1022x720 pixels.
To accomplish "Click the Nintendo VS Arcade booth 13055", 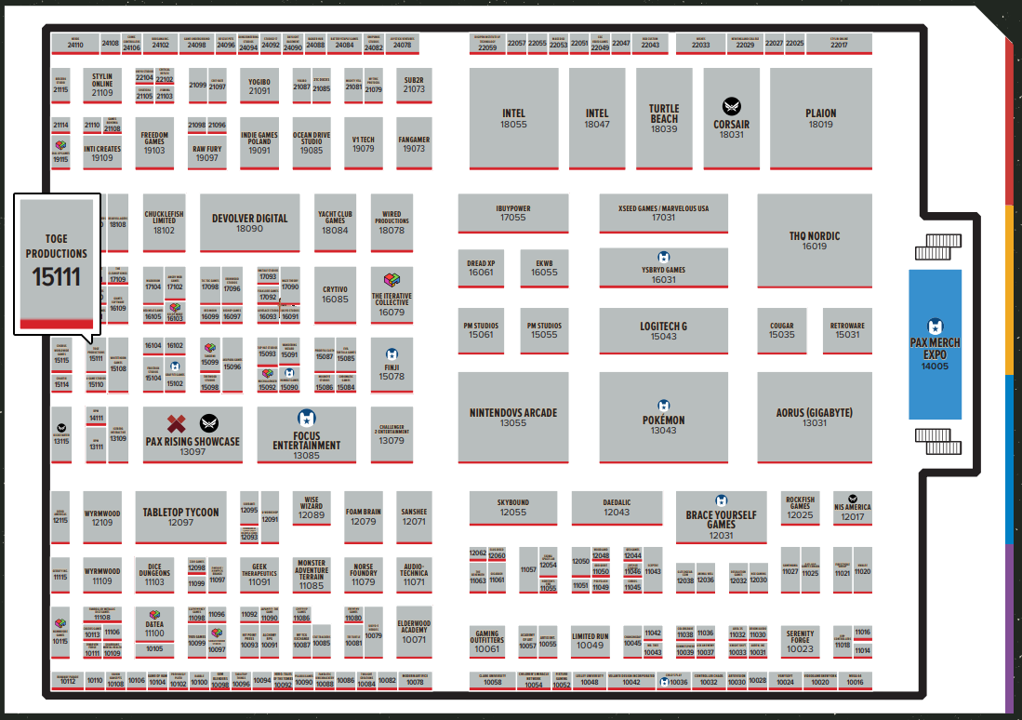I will tap(512, 417).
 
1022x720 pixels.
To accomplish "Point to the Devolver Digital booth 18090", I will tap(249, 222).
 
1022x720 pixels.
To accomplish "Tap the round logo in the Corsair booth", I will tap(732, 106).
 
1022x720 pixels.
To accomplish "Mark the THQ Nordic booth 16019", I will tap(814, 240).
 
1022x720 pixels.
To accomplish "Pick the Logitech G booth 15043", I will tap(663, 330).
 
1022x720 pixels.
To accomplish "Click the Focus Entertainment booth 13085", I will tap(306, 435).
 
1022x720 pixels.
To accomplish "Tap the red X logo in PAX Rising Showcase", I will tap(177, 424).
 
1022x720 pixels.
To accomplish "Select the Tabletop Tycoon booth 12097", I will tap(180, 516).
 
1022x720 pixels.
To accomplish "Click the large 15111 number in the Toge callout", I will tap(56, 276).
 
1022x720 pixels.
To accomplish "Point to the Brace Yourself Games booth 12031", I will tap(721, 518).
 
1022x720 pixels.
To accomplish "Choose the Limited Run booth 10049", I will tap(590, 640).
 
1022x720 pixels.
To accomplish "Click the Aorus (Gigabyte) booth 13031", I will tap(814, 417).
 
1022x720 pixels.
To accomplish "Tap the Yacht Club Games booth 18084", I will tap(335, 222).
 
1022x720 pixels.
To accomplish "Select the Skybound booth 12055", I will tap(512, 507).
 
